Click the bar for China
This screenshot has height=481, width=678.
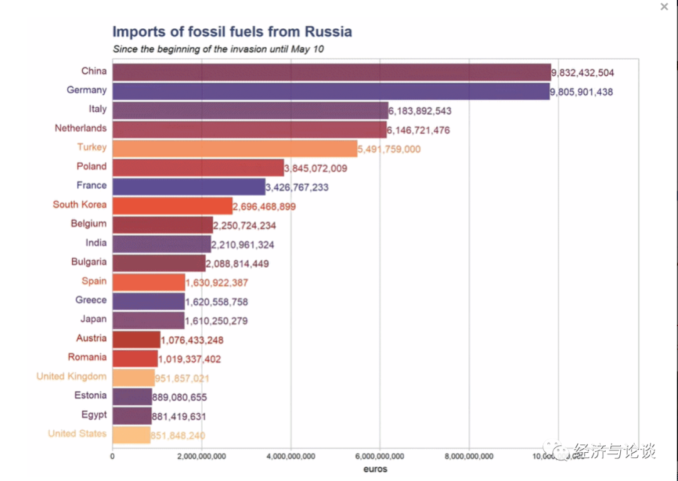tap(331, 72)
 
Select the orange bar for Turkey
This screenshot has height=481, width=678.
tap(235, 149)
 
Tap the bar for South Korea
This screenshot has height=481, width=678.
tap(173, 206)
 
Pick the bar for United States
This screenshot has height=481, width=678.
tap(131, 435)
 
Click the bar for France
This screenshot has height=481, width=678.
tap(189, 187)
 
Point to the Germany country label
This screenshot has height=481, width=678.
tap(87, 90)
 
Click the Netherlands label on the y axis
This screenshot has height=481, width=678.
tap(80, 129)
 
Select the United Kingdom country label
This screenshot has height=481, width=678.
tap(71, 376)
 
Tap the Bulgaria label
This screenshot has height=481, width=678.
tap(89, 262)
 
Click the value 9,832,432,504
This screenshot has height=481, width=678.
tap(583, 73)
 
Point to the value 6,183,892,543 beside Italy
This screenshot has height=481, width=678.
tap(420, 111)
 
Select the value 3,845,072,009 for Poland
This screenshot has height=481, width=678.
tap(316, 168)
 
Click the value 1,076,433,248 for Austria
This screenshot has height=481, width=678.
tap(192, 340)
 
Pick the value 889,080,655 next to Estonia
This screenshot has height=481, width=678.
tap(180, 398)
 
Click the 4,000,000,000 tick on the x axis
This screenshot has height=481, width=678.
tap(291, 456)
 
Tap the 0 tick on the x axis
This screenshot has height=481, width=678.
tap(112, 456)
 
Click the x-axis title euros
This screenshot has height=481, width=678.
tap(375, 468)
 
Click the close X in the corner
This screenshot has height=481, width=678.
tap(664, 7)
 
